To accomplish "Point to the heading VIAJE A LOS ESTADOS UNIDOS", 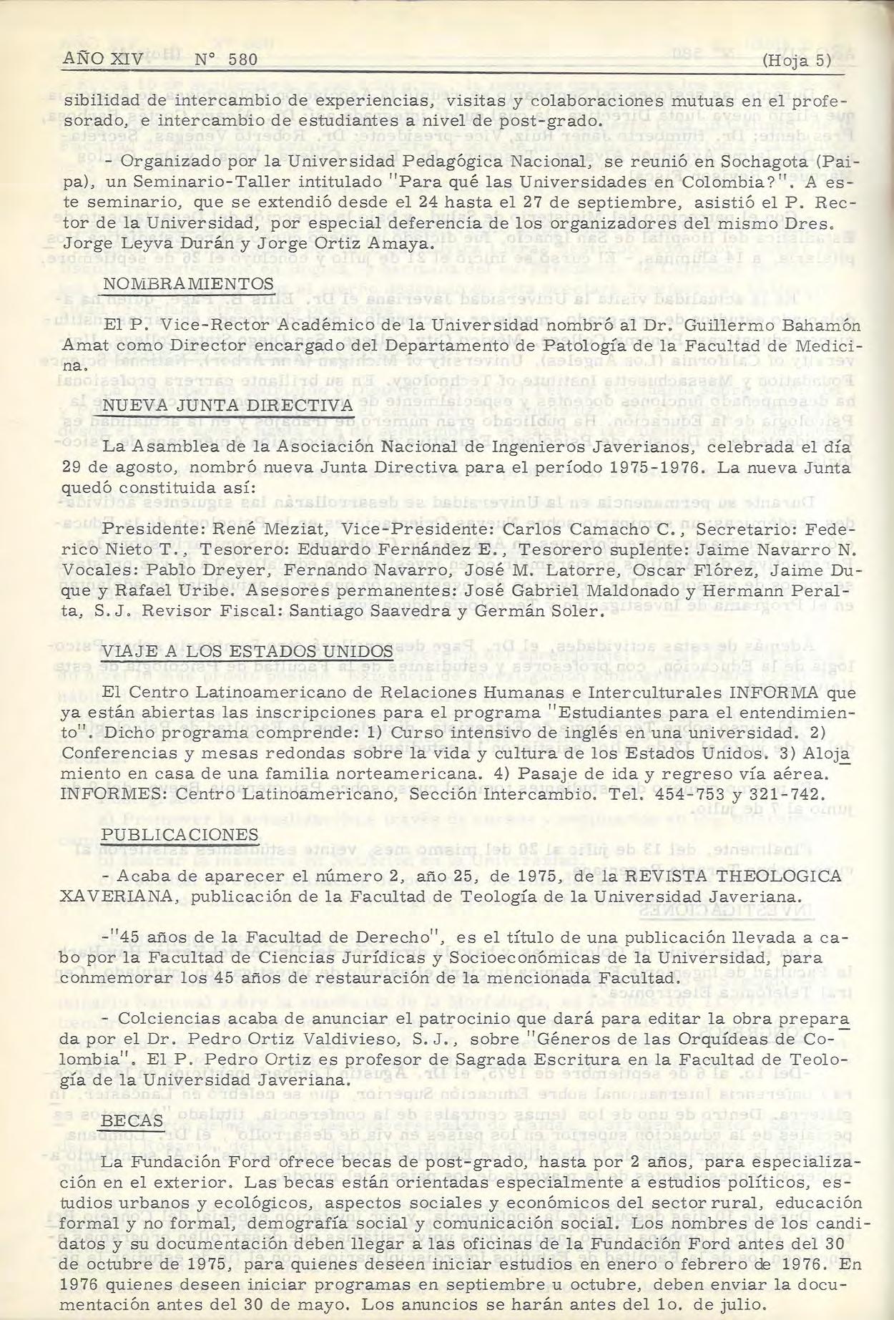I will [247, 652].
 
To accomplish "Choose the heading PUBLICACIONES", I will [180, 835].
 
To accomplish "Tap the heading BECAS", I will [133, 1120].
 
